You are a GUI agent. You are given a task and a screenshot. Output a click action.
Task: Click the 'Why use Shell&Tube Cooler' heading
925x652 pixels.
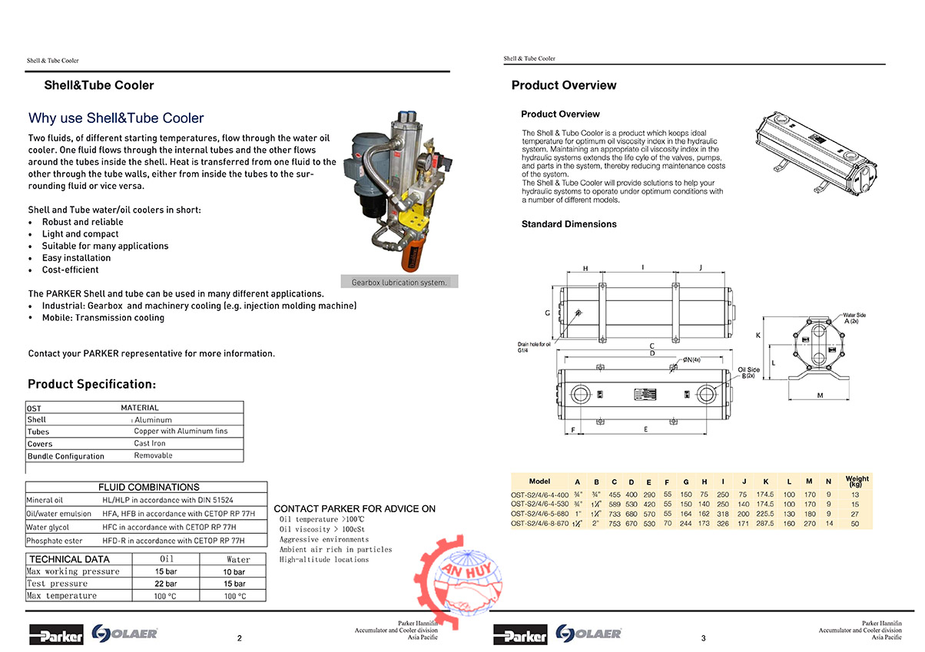click(x=116, y=118)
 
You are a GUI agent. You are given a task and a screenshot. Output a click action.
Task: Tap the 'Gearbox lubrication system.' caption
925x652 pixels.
click(x=399, y=283)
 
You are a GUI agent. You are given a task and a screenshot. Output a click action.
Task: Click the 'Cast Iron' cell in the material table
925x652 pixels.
click(x=150, y=443)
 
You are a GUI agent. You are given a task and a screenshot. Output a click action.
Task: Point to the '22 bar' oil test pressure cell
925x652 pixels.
click(x=166, y=584)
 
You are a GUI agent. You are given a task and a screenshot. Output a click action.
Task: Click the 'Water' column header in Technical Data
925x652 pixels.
click(x=238, y=560)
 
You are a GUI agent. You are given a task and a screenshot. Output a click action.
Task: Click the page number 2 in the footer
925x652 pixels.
click(x=240, y=638)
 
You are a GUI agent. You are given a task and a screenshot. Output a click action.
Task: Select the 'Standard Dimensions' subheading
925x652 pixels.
click(x=569, y=224)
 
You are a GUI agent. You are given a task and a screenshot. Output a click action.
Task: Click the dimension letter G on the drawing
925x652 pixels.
click(x=547, y=313)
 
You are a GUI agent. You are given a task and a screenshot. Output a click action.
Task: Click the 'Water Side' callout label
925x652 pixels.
click(x=854, y=315)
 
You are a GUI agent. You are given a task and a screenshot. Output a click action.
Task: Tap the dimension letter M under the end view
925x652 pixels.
click(x=820, y=396)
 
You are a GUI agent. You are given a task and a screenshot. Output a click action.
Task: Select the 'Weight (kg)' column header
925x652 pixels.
click(x=857, y=481)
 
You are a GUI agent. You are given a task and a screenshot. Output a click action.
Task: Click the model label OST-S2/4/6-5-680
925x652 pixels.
click(x=540, y=514)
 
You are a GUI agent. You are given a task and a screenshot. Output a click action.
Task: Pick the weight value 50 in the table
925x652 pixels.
click(x=855, y=523)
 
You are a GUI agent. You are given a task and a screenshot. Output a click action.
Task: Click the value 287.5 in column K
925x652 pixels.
click(x=765, y=523)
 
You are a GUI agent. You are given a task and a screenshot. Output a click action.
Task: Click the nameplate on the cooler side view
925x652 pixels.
click(x=642, y=395)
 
